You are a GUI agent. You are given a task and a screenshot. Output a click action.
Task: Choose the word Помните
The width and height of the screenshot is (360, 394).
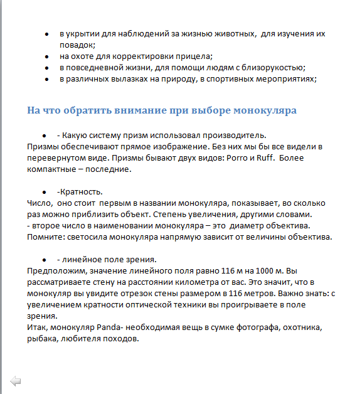(x=44, y=237)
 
